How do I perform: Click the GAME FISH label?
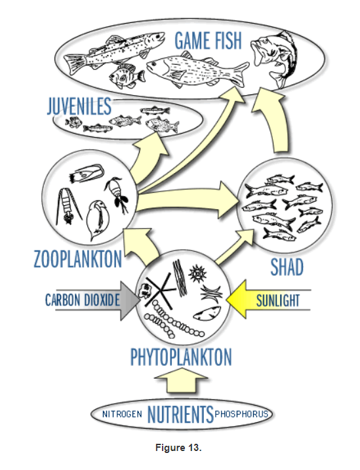pos(208,41)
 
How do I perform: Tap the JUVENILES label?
pos(79,106)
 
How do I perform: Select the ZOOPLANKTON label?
pos(78,259)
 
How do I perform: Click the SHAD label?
pos(287,267)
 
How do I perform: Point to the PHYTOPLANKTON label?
pos(181,357)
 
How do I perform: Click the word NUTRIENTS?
pos(180,414)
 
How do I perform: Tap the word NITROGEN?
pos(122,414)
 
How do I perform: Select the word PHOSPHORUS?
pos(241,414)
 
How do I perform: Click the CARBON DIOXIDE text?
pos(83,300)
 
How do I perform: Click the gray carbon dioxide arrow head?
pos(129,301)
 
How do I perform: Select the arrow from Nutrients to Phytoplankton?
pos(181,380)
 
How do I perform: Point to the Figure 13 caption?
pos(178,448)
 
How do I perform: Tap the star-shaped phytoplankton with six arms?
pos(160,291)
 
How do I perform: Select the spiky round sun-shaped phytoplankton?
pos(197,273)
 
